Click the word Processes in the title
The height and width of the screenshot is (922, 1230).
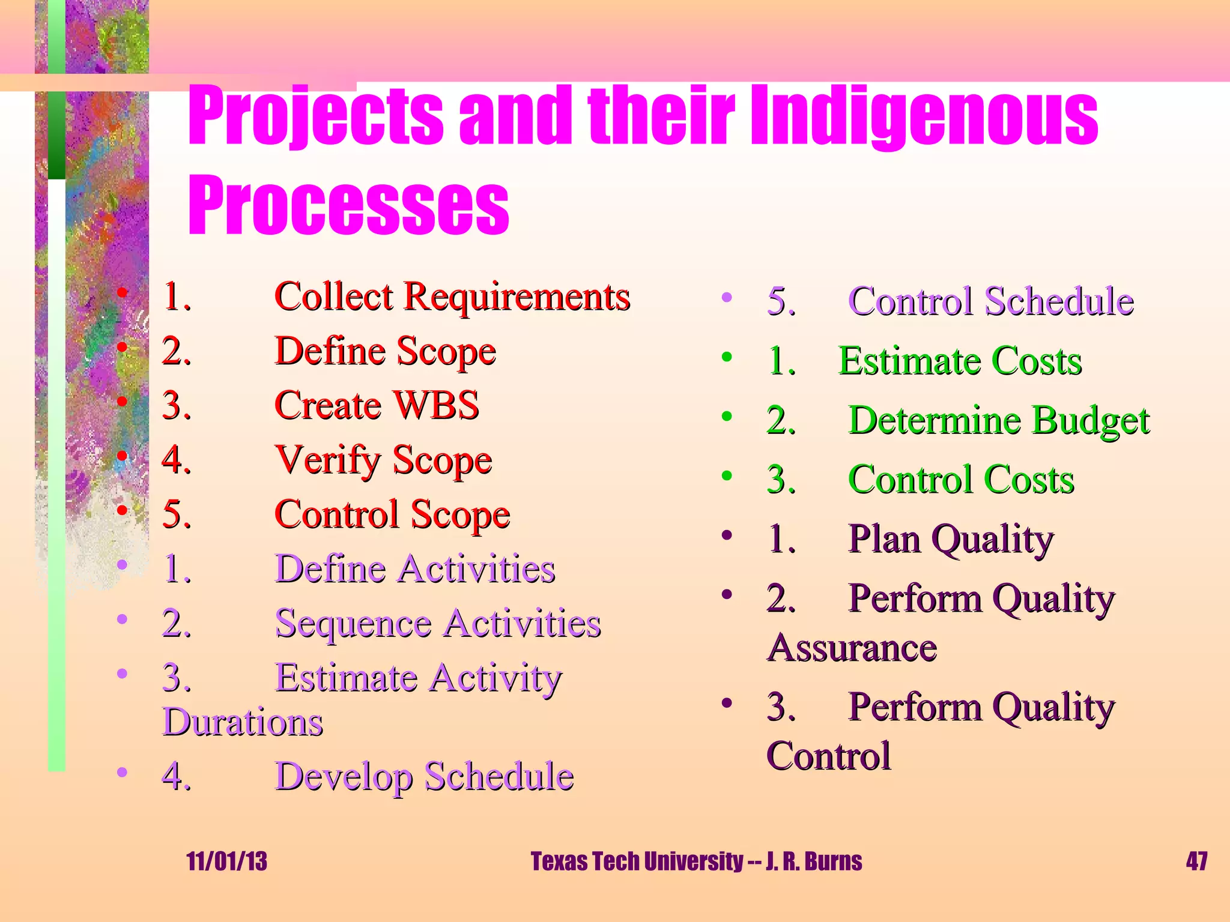click(x=348, y=205)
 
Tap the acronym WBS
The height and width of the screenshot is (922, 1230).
click(x=436, y=405)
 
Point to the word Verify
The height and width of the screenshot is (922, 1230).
click(x=328, y=460)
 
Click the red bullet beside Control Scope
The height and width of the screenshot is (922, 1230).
click(x=123, y=510)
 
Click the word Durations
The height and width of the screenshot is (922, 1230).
click(x=243, y=722)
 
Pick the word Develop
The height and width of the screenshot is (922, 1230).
click(x=344, y=777)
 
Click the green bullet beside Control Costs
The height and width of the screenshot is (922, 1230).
click(x=727, y=476)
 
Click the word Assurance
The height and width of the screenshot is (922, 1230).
click(x=852, y=648)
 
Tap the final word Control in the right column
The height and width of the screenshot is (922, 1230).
click(x=829, y=756)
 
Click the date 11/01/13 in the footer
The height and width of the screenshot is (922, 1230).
click(x=226, y=861)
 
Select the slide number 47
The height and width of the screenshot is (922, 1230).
click(x=1196, y=861)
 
